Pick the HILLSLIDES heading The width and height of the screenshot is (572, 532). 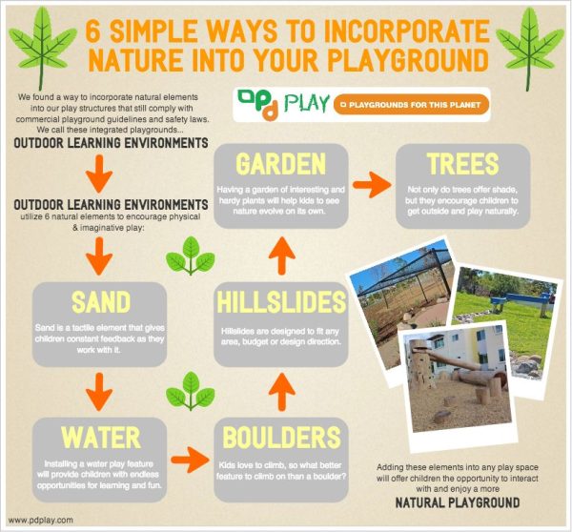pyautogui.click(x=278, y=303)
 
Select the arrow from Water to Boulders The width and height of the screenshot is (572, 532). pyautogui.click(x=193, y=457)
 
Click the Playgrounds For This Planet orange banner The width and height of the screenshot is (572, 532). pyautogui.click(x=414, y=103)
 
